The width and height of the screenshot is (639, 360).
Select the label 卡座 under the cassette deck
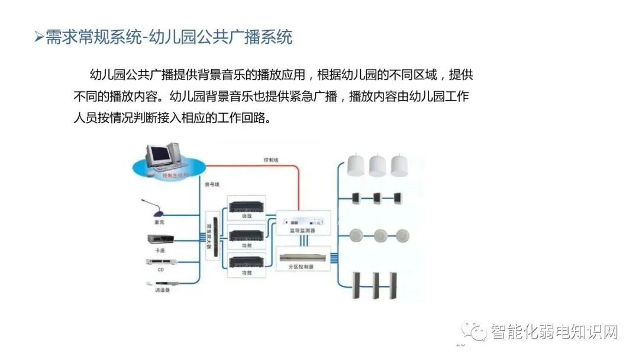pos(159,251)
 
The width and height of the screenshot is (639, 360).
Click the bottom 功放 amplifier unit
pos(246,261)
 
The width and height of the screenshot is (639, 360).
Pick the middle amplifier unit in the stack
pos(246,233)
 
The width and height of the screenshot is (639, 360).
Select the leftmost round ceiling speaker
pos(357,236)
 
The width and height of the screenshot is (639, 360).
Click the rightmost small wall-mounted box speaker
pos(396,197)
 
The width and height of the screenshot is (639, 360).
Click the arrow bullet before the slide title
pos(38,38)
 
